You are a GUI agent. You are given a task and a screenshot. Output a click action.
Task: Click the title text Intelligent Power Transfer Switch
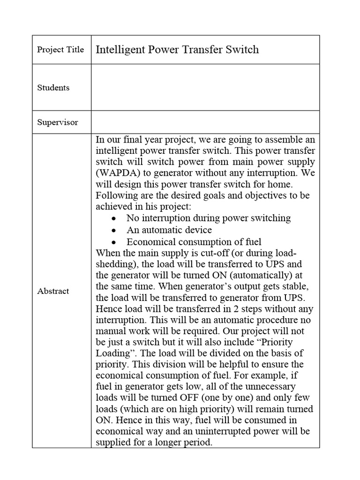tap(177, 50)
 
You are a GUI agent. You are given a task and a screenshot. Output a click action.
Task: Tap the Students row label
tap(53, 88)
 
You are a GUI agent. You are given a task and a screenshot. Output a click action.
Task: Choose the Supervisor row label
tap(58, 122)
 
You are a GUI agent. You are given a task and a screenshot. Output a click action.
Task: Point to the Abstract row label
tap(53, 291)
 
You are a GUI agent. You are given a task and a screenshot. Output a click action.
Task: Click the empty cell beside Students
tap(205, 88)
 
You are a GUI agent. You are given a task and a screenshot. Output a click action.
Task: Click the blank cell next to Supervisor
tap(205, 122)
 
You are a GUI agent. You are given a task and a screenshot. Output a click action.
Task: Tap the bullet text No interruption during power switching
tap(209, 218)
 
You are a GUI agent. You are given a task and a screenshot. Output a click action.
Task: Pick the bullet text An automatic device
tap(169, 230)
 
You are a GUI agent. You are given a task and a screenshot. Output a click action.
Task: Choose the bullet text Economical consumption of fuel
tap(194, 242)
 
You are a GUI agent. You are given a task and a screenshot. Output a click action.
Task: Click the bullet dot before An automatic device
tap(114, 231)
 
